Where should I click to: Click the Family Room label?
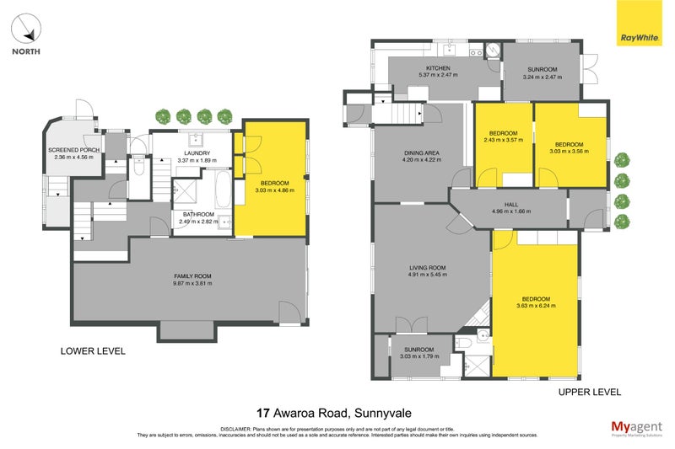pos(192,276)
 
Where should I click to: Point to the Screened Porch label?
pos(73,150)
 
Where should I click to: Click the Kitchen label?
pos(438,68)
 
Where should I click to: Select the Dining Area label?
pos(418,152)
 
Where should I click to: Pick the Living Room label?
pos(426,268)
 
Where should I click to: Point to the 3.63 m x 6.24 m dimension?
pos(536,307)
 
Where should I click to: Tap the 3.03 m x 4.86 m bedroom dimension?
pos(275,190)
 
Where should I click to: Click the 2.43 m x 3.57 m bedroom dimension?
pos(504,140)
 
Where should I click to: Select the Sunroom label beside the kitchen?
pos(543,68)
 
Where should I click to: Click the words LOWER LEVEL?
pos(93,351)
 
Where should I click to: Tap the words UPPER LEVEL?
pos(589,392)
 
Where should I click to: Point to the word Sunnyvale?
pos(386,413)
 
